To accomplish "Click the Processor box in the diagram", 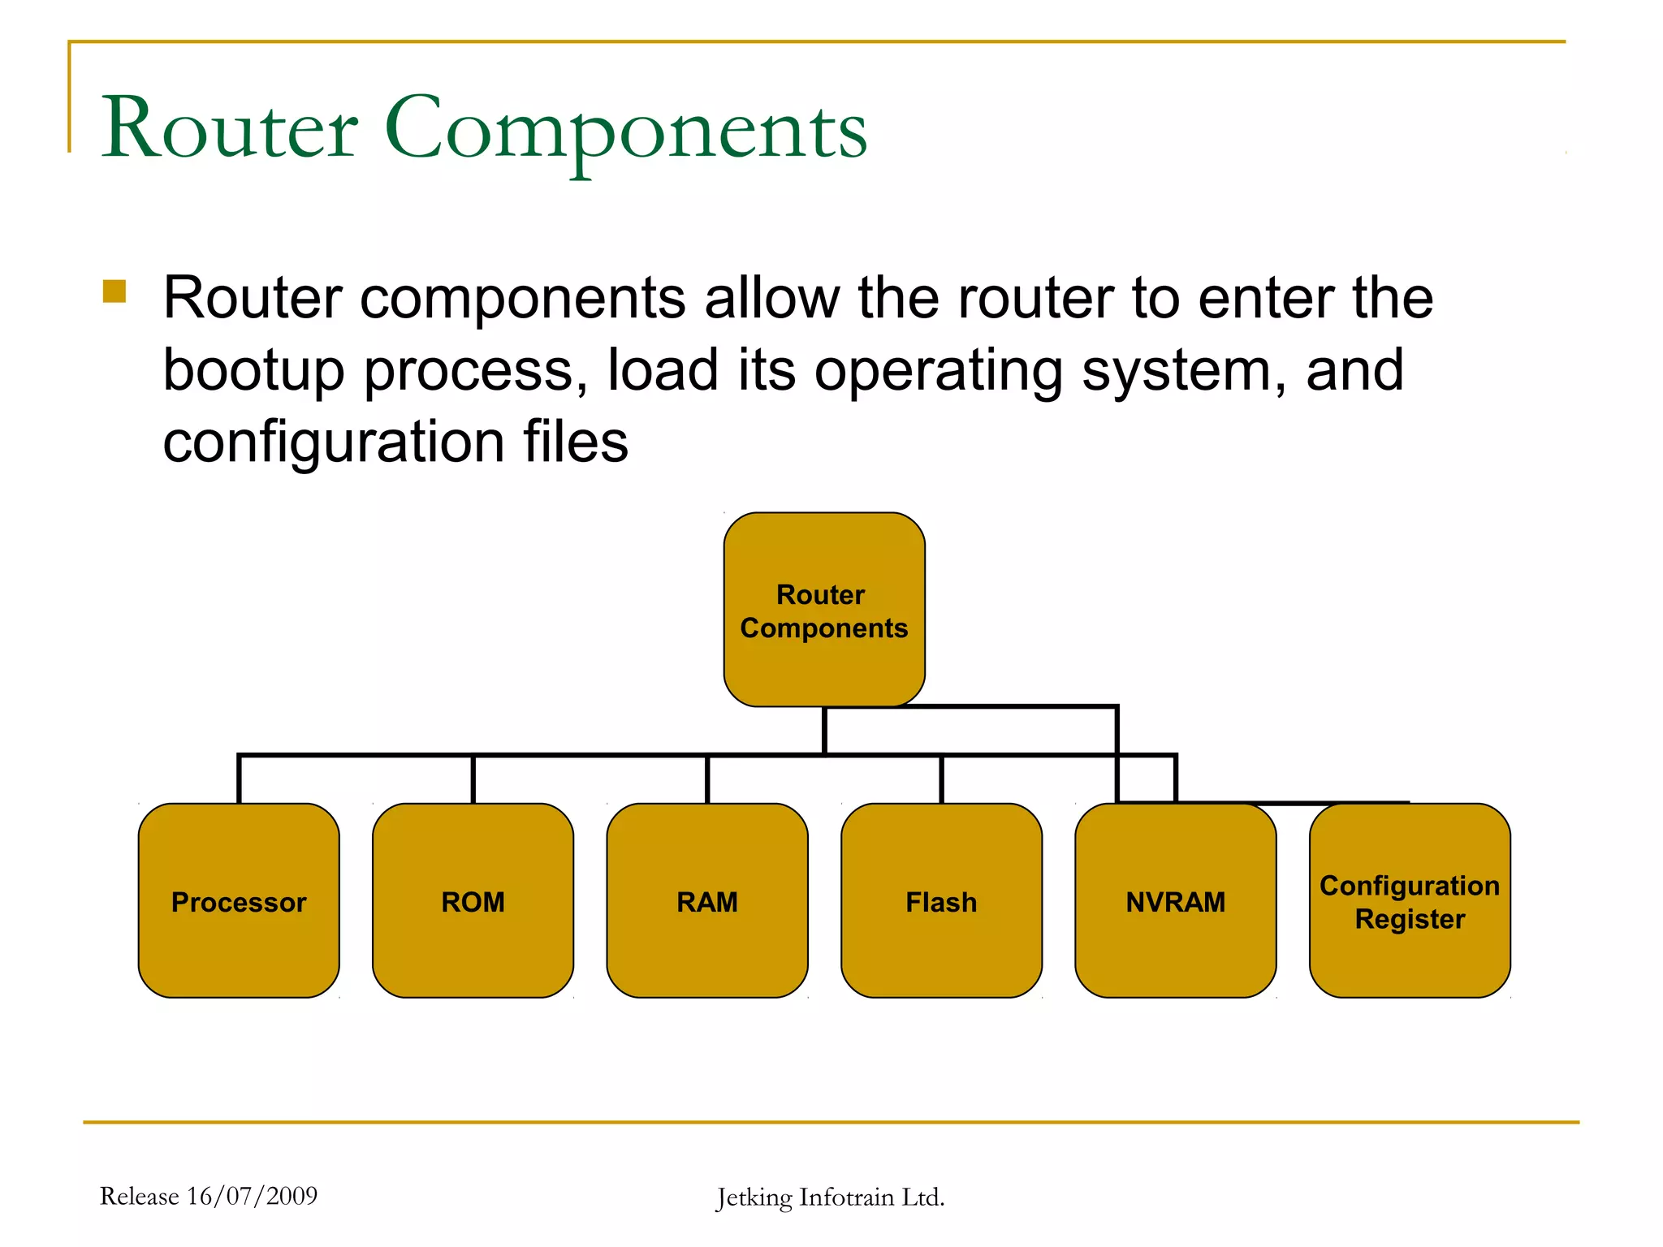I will [x=239, y=901].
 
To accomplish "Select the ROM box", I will [x=473, y=901].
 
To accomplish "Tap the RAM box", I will [x=707, y=901].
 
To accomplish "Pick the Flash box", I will [x=941, y=901].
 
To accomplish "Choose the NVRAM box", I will [x=1175, y=901].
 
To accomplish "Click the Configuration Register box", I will [x=1410, y=901].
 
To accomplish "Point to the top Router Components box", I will [x=824, y=610].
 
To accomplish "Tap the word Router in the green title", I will [x=230, y=128].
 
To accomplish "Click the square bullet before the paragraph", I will [x=114, y=291].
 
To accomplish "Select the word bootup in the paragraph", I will [x=253, y=371].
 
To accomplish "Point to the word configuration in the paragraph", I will [x=334, y=442].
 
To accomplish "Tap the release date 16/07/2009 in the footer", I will [x=252, y=1196].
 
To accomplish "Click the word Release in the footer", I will [x=139, y=1196].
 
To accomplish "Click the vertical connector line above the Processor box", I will [x=239, y=779].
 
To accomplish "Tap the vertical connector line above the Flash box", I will [x=941, y=779].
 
